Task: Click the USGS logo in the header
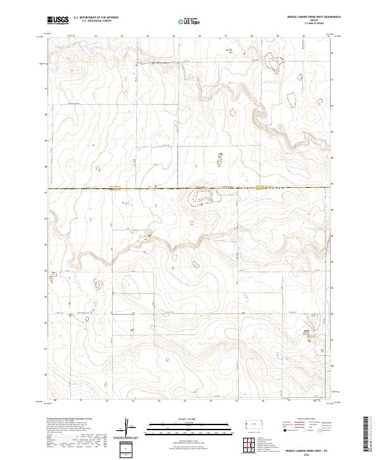58,20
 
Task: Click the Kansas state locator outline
251,423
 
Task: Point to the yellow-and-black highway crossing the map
127,188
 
